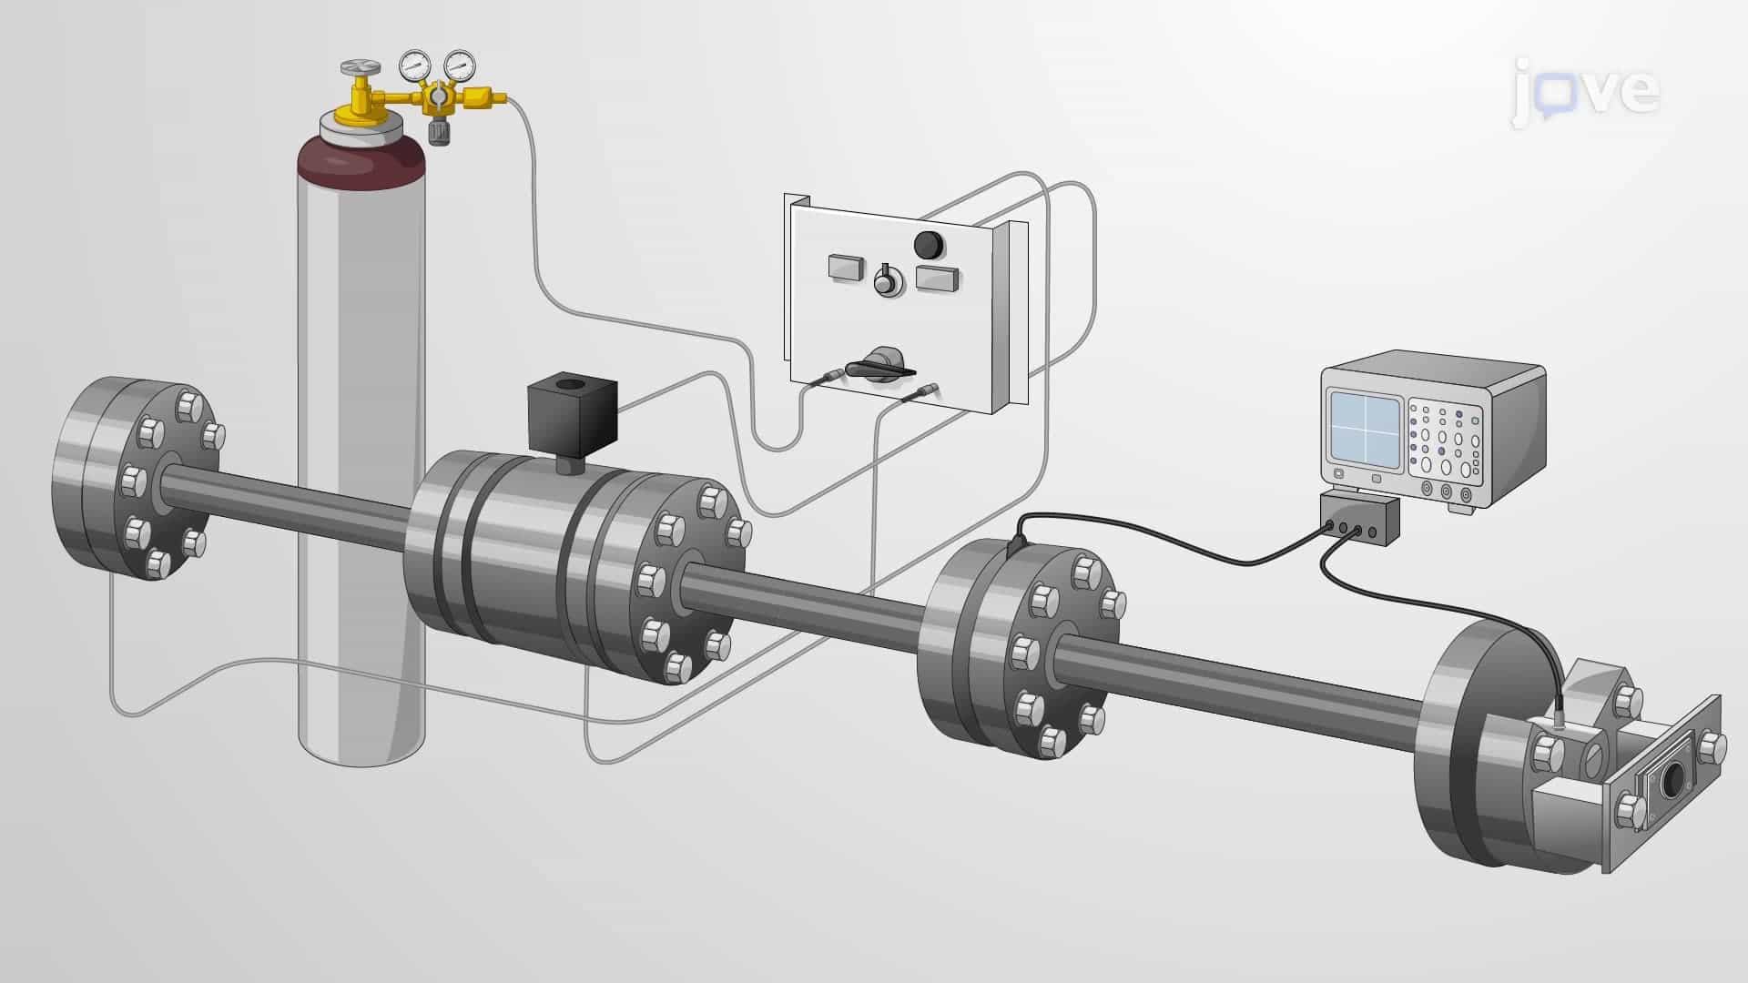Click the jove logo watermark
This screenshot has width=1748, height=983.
click(1585, 91)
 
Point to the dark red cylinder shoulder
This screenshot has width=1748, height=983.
click(362, 164)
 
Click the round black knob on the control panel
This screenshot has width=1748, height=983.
click(929, 244)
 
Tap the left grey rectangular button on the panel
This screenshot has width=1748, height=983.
click(847, 268)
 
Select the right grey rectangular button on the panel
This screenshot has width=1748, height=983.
click(937, 279)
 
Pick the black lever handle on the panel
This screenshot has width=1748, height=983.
click(879, 367)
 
